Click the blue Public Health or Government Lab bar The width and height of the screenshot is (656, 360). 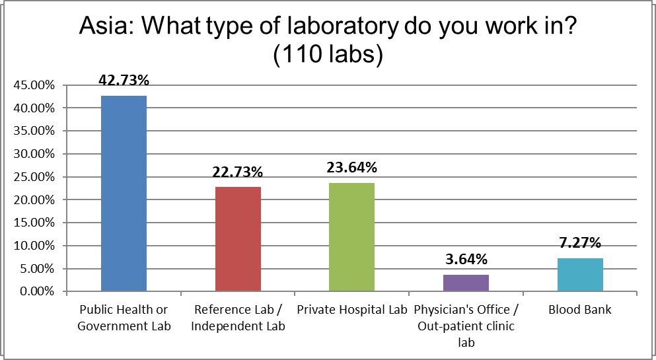pyautogui.click(x=124, y=194)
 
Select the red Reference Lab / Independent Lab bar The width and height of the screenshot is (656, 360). pyautogui.click(x=238, y=239)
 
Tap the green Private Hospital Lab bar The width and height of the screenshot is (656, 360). pyautogui.click(x=352, y=237)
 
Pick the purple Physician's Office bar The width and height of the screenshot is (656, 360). pyautogui.click(x=466, y=283)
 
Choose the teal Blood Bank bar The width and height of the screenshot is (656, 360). pyautogui.click(x=580, y=275)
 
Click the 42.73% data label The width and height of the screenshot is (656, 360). pyautogui.click(x=124, y=81)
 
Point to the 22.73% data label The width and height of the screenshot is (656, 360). pyautogui.click(x=238, y=172)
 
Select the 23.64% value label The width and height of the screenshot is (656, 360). pyautogui.click(x=352, y=168)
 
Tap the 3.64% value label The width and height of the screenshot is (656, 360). pyautogui.click(x=466, y=260)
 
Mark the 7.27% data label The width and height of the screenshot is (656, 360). pyautogui.click(x=580, y=243)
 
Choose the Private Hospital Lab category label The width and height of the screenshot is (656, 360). pyautogui.click(x=352, y=309)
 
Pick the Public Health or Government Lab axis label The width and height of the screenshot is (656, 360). pyautogui.click(x=124, y=316)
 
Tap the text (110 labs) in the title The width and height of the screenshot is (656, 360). pyautogui.click(x=328, y=54)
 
